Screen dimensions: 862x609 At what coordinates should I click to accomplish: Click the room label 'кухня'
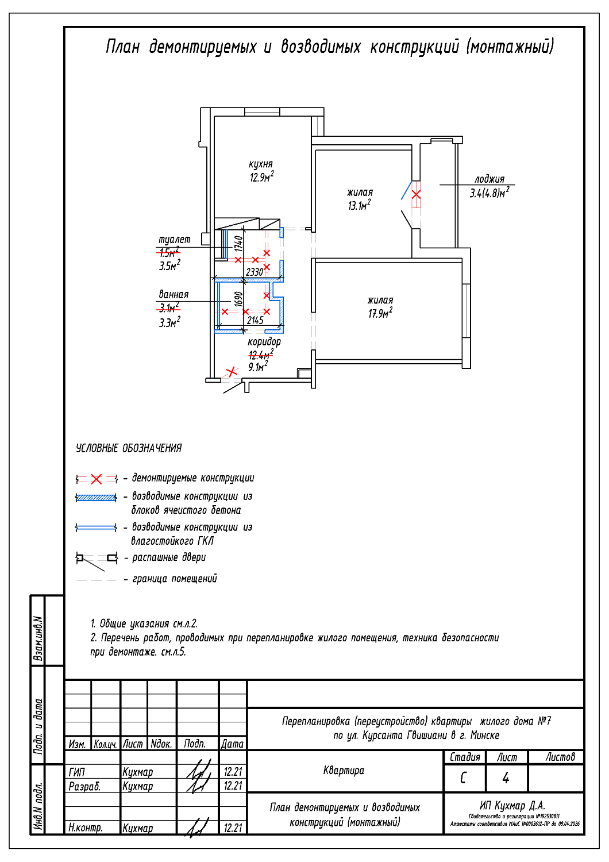coord(261,164)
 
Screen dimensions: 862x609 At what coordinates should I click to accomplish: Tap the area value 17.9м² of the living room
coord(380,313)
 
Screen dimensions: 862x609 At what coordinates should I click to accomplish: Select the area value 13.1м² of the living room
coord(359,206)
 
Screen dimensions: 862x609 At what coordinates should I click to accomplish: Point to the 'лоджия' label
coord(489,179)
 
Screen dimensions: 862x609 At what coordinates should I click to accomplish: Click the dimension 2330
coord(255,272)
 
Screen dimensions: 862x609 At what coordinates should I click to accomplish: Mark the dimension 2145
coord(255,320)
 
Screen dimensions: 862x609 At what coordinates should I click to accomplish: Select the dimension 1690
coord(238,299)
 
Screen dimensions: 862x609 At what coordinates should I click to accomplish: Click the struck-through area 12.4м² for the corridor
coord(260,355)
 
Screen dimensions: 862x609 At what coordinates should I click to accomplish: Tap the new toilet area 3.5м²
coord(169,265)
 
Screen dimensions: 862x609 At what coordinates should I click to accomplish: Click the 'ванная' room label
coord(174,294)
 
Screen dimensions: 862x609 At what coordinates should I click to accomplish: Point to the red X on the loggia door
coord(416,195)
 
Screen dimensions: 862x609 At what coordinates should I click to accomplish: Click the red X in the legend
coord(97,479)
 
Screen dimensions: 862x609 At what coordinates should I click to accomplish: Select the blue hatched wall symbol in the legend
coord(97,498)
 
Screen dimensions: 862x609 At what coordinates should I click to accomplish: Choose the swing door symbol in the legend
coord(97,559)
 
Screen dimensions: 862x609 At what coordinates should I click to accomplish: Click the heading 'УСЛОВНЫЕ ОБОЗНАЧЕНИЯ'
coord(129,448)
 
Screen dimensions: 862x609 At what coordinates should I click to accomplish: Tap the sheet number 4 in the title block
coord(506,778)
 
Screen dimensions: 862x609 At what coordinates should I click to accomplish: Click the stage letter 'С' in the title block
coord(464,778)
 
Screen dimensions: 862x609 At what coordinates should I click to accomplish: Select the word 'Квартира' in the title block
coord(344,771)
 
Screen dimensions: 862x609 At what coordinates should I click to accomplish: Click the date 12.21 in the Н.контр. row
coord(233,828)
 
